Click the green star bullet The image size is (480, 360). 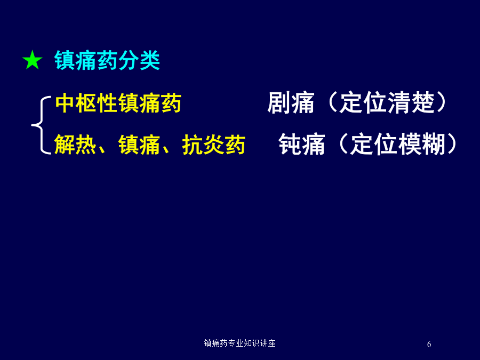(x=32, y=60)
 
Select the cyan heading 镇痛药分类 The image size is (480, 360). (x=107, y=60)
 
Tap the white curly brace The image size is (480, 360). (x=41, y=125)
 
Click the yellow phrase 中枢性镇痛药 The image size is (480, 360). (x=118, y=103)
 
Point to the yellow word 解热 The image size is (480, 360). (x=75, y=145)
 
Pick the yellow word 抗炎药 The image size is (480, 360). (x=214, y=145)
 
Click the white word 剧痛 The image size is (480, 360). (x=291, y=103)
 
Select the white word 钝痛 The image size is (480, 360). (x=302, y=144)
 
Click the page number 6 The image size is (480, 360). (x=429, y=345)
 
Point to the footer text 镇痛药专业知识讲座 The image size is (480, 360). (x=239, y=343)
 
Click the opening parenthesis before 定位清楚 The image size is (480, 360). (x=332, y=103)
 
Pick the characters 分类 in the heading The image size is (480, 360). (x=139, y=60)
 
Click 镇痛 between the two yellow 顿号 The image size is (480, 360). (x=139, y=145)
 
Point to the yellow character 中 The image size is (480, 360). (x=65, y=103)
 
